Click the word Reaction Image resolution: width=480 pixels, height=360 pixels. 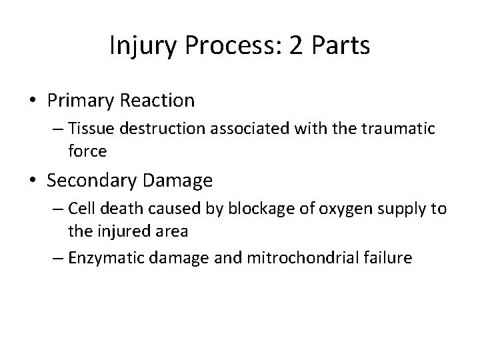pos(158,101)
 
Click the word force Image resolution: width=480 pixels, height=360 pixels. pos(87,151)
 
